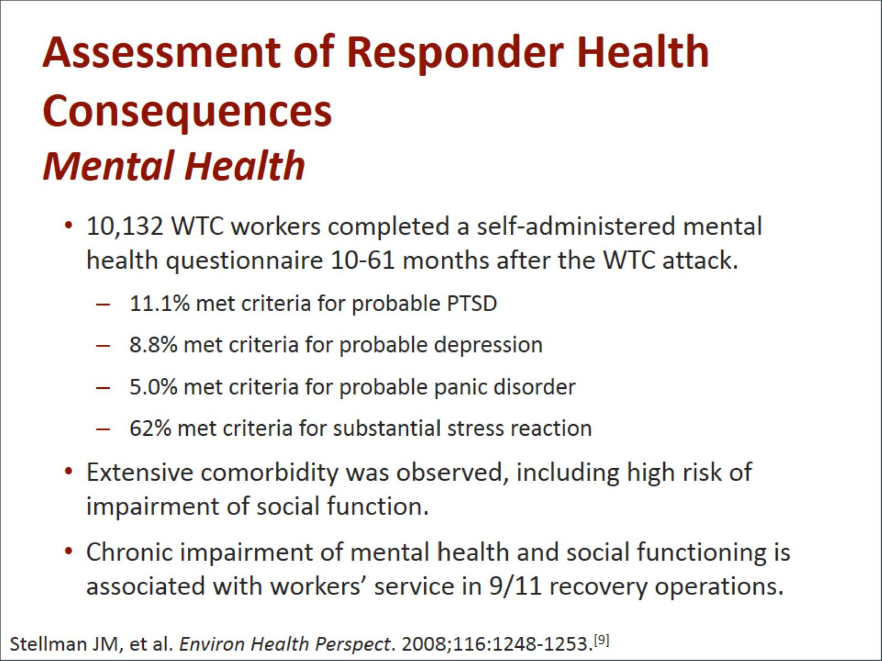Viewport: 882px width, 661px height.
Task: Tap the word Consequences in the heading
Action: coord(187,111)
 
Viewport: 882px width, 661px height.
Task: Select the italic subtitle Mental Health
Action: coord(174,166)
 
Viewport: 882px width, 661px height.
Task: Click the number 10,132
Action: coord(125,226)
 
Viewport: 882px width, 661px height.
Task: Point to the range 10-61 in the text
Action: coord(363,260)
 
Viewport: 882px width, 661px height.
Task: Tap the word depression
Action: coord(488,345)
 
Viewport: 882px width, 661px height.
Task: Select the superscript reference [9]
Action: coord(602,640)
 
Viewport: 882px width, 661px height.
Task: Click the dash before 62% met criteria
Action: coord(102,429)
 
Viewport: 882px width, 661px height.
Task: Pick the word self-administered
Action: coord(576,226)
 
